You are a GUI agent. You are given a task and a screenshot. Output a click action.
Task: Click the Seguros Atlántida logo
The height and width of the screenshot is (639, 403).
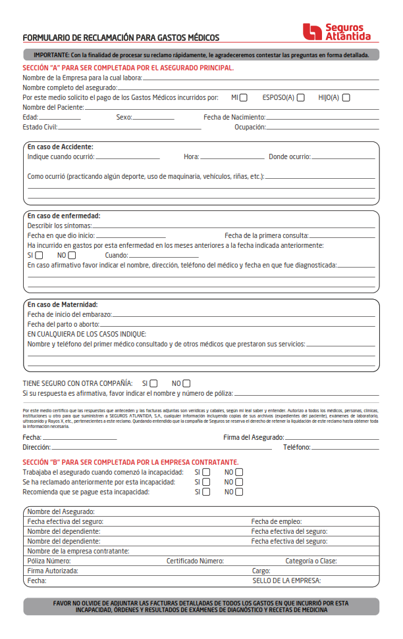[336, 32]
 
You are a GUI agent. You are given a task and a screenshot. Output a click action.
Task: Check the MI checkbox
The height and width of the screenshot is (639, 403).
[244, 98]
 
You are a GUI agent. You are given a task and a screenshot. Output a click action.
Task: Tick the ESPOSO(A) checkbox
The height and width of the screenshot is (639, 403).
[300, 98]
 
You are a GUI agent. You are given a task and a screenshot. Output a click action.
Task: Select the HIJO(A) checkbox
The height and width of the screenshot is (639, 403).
[346, 98]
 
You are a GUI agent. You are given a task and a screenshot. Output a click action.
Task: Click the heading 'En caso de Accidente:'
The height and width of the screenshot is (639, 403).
[60, 147]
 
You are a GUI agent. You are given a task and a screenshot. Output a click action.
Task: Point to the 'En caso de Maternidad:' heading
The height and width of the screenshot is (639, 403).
[63, 304]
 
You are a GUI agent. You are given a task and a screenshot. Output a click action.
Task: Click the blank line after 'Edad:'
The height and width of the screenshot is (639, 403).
[60, 119]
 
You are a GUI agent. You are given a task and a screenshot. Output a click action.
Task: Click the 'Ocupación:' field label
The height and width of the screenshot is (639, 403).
[250, 127]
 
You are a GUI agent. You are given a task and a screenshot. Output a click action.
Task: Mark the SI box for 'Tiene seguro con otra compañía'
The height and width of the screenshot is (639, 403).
[153, 383]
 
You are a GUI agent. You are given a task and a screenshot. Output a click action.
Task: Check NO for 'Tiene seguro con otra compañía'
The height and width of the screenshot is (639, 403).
[186, 383]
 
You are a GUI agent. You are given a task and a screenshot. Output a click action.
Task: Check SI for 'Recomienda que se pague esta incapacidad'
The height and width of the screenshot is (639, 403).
[206, 492]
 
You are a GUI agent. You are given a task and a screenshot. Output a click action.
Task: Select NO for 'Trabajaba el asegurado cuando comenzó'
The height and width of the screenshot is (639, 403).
[239, 472]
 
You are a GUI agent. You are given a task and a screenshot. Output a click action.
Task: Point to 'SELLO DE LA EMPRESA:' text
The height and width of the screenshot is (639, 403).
[286, 581]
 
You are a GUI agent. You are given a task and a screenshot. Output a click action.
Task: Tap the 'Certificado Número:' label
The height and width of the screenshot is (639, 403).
[195, 561]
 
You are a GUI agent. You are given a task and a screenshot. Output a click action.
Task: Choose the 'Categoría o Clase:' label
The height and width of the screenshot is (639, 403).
[311, 561]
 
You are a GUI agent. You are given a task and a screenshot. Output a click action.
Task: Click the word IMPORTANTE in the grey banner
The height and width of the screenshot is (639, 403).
[51, 55]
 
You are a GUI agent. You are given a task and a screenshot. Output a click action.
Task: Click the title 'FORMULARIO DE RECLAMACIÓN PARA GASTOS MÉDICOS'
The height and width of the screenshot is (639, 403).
[121, 38]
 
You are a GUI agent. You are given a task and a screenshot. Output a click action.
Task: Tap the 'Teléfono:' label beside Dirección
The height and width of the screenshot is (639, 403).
[297, 447]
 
